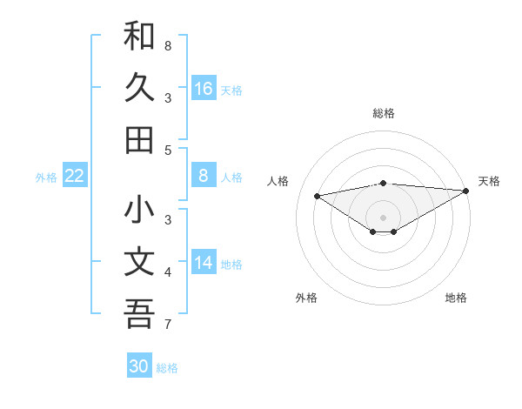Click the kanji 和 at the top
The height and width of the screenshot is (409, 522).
139,37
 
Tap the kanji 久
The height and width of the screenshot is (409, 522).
139,88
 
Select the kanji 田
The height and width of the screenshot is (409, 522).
139,140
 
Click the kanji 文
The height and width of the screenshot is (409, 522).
139,262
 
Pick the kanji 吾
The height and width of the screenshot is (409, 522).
139,313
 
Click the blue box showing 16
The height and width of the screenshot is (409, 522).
204,89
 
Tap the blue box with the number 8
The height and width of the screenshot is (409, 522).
204,176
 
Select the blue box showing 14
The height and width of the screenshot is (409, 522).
204,263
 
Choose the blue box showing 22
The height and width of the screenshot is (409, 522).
75,176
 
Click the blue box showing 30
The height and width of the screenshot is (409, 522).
139,366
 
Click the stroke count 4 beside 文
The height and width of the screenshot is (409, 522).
167,272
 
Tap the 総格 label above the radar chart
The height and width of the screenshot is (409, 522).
383,114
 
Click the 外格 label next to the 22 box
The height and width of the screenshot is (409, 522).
46,177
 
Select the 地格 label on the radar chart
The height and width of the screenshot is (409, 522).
456,298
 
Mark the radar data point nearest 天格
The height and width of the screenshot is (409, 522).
466,191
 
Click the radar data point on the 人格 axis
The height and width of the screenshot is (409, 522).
318,195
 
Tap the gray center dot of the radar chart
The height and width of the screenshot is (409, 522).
383,217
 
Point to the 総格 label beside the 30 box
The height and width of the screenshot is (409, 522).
167,368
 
